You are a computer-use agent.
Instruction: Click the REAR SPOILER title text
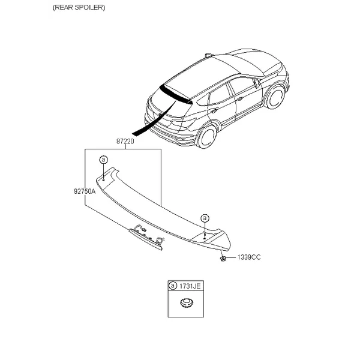coord(79,8)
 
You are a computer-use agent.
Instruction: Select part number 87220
coord(125,141)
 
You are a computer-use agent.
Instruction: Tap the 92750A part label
coord(85,191)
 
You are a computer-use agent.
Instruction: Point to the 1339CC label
coord(249,257)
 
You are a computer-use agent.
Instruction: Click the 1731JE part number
coord(190,286)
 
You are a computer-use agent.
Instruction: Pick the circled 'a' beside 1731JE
coord(173,286)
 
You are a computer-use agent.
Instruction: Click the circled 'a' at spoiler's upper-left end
coord(104,160)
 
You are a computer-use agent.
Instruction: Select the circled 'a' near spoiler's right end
coord(205,218)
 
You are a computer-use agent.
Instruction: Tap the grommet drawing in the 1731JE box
coord(187,303)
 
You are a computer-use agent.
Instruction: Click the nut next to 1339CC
coord(222,259)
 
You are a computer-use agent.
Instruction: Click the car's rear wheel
coord(206,137)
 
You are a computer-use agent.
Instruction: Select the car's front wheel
coord(276,97)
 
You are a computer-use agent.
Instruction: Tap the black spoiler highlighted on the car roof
coord(176,94)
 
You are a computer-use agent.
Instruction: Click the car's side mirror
coord(257,83)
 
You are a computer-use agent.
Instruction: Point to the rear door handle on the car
coord(214,111)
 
